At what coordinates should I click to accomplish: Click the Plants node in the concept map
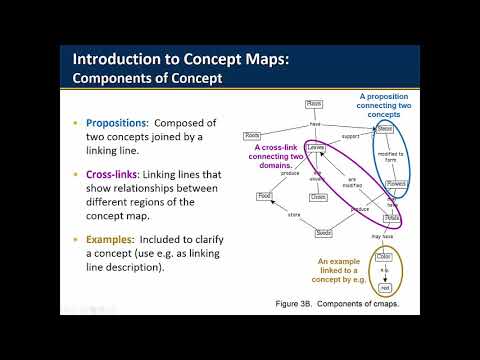click(314, 103)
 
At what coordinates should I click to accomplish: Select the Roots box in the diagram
click(254, 135)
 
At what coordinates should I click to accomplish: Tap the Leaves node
click(316, 148)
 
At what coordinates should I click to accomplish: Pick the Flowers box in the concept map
click(396, 184)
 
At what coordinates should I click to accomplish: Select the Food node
click(264, 196)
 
